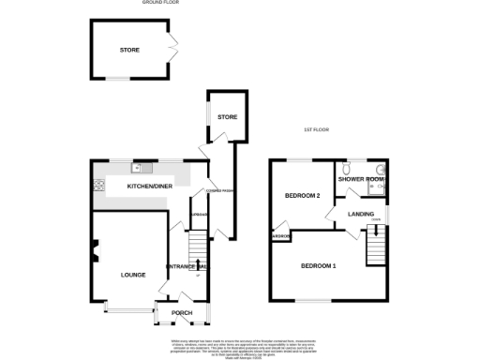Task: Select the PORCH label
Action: click(182, 312)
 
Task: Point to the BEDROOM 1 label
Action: click(319, 266)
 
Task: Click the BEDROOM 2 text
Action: click(304, 196)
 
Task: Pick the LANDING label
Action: click(361, 215)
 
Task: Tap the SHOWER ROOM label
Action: click(362, 179)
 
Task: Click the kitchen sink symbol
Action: click(139, 168)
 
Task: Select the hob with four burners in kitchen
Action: click(97, 187)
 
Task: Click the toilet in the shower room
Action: click(383, 174)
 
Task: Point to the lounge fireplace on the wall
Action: click(95, 248)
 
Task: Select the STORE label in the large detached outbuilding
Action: click(129, 49)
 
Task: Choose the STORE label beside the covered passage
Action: click(227, 117)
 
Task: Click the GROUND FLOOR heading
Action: click(160, 4)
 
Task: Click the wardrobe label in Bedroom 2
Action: click(280, 236)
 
